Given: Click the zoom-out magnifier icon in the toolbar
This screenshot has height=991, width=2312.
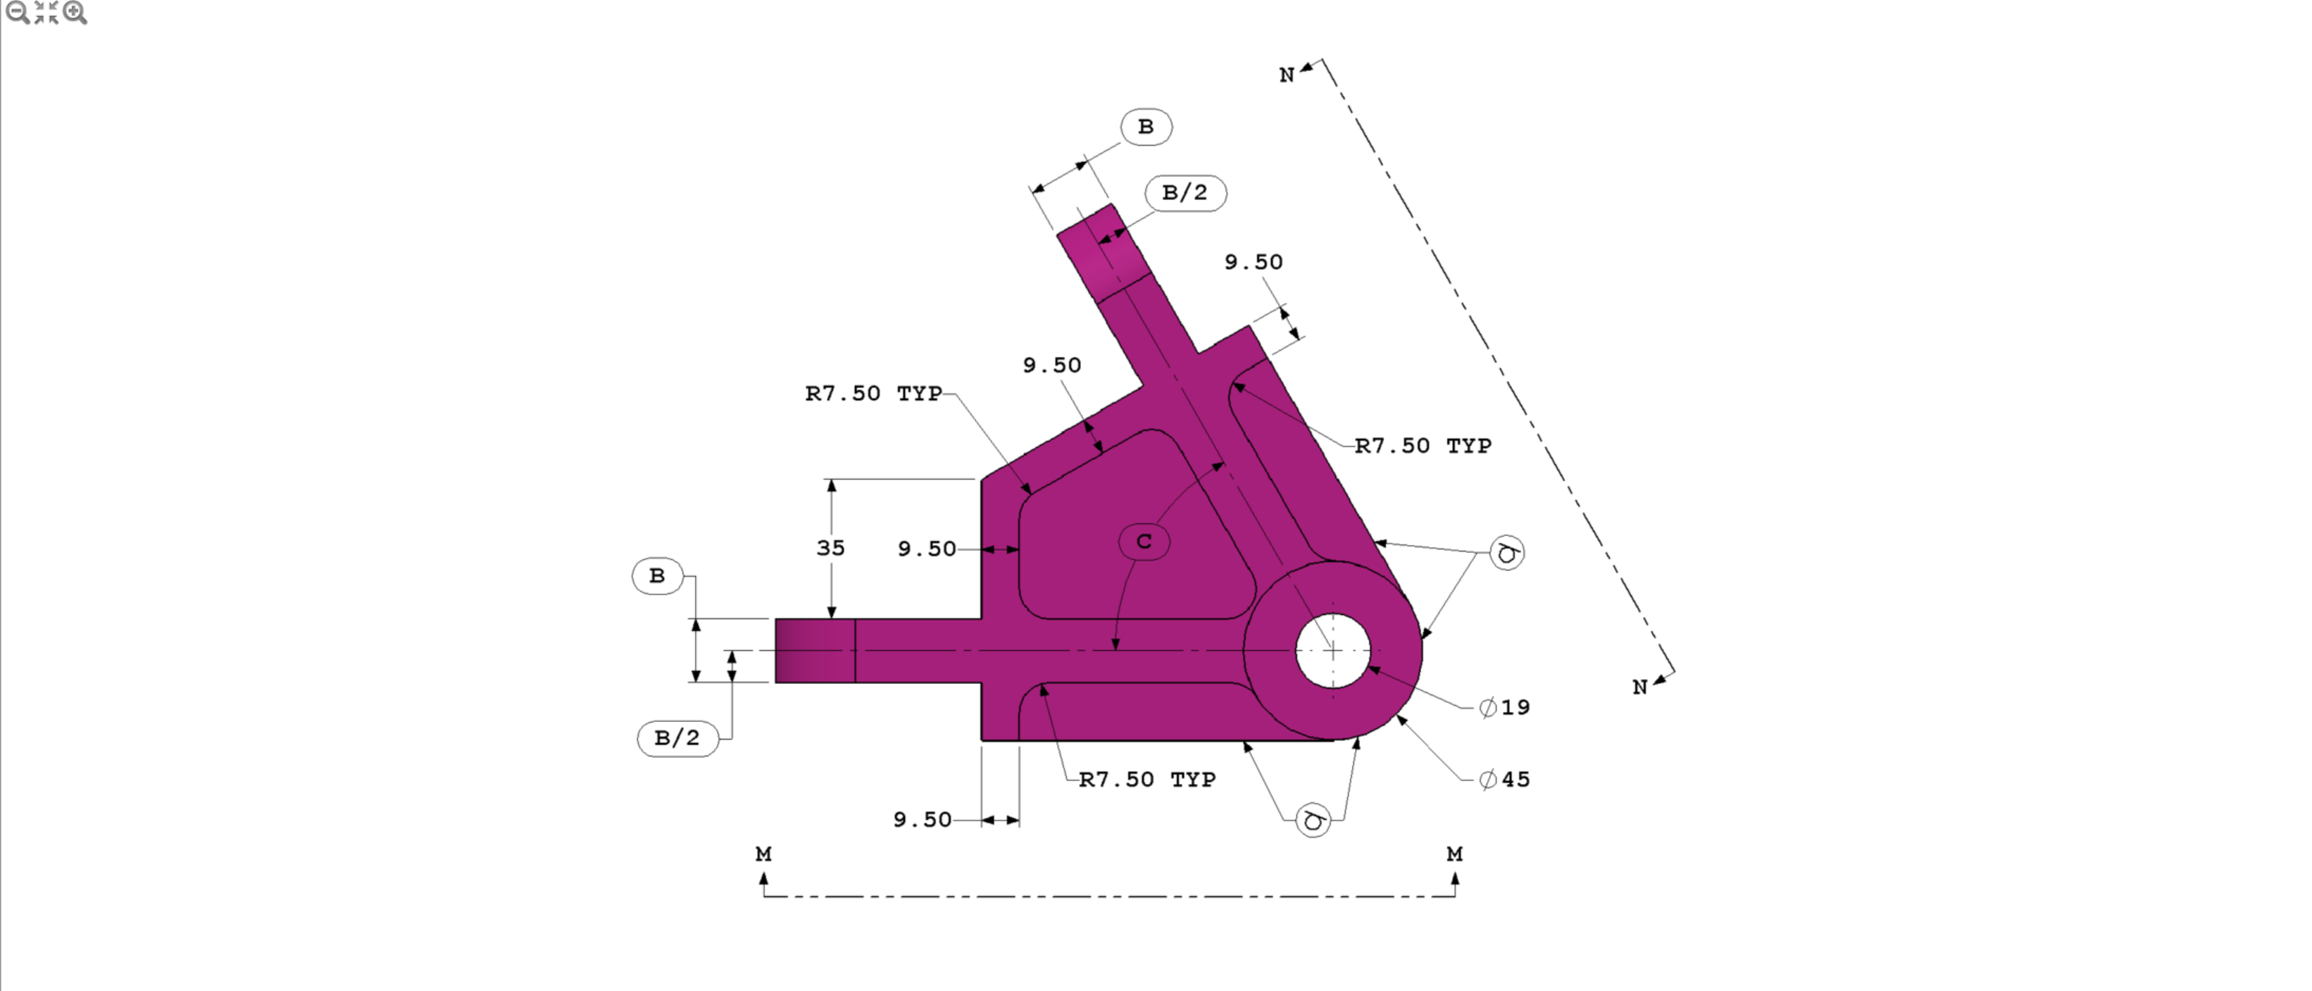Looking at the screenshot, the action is [x=16, y=13].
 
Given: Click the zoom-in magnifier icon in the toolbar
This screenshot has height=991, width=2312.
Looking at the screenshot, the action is [x=75, y=13].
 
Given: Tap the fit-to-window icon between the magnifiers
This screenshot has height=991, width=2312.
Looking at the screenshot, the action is [x=46, y=13].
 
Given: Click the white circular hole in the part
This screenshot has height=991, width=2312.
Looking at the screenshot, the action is [x=1333, y=651].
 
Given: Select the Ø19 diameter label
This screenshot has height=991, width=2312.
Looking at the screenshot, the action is [x=1505, y=707].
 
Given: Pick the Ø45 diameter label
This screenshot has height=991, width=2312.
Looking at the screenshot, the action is [x=1505, y=779].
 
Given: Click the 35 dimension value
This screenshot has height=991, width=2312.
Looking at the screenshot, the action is [x=830, y=547].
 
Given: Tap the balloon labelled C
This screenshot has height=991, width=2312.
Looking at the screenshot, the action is [x=1144, y=541].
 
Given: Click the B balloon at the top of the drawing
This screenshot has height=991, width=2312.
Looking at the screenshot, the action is [x=1146, y=127].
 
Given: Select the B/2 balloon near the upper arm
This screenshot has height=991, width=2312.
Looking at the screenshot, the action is [x=1185, y=192].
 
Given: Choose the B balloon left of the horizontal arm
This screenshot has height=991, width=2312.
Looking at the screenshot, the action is [x=657, y=575].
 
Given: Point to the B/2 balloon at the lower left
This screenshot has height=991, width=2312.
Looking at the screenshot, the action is [x=677, y=738].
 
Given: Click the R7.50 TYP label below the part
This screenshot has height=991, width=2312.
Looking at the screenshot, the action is [x=1147, y=779].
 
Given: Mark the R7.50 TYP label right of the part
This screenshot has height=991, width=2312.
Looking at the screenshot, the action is [x=1423, y=445].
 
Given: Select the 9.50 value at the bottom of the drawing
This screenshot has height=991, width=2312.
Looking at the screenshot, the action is [x=922, y=820].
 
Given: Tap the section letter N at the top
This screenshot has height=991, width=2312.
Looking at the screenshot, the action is [x=1286, y=75].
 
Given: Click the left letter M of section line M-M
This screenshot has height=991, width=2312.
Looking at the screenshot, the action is [x=763, y=854].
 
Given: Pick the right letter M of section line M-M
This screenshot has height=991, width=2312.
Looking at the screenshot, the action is [x=1454, y=854].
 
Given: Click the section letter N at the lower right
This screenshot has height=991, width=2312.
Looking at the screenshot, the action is [x=1639, y=687].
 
